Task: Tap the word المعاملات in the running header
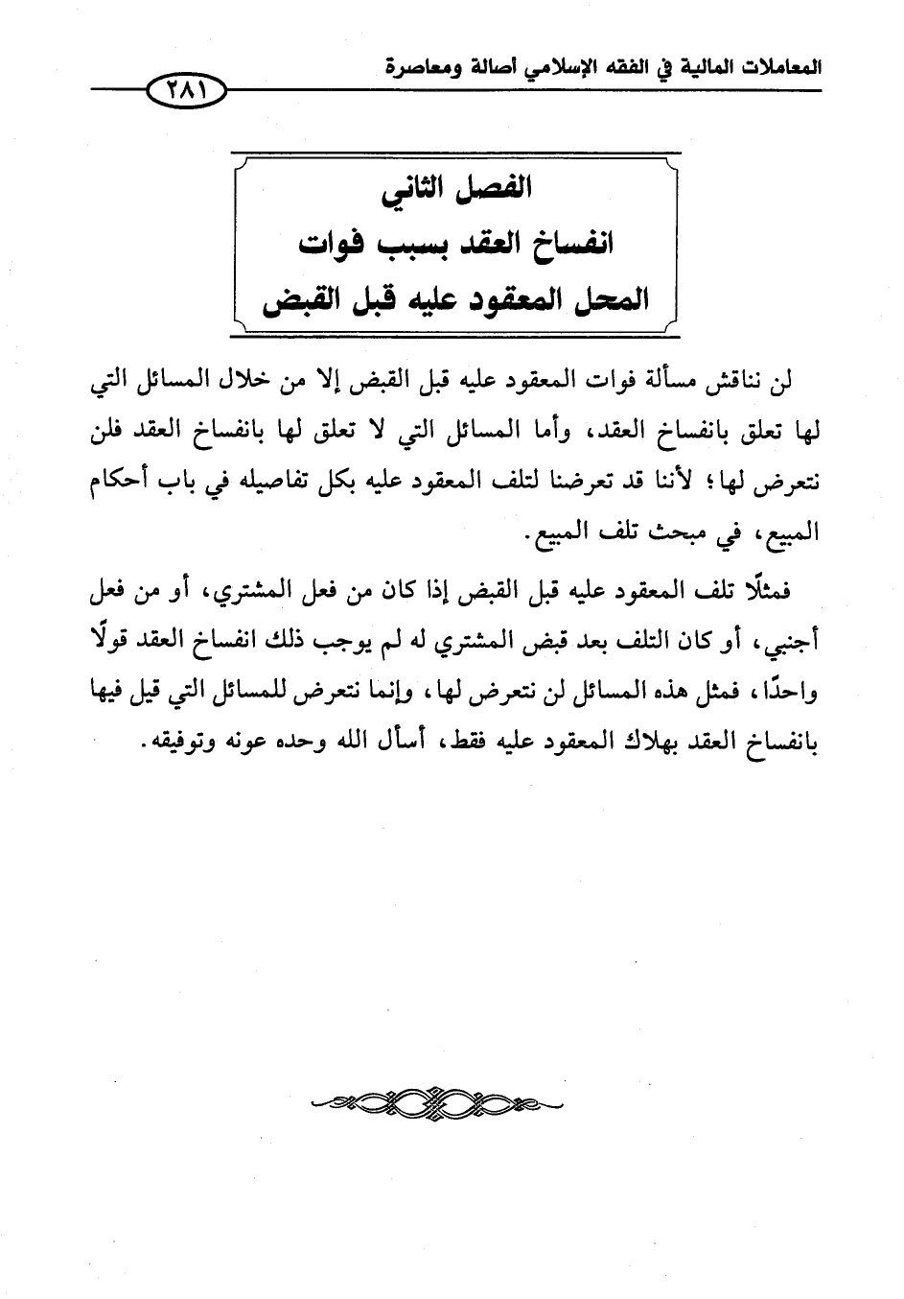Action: [777, 67]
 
